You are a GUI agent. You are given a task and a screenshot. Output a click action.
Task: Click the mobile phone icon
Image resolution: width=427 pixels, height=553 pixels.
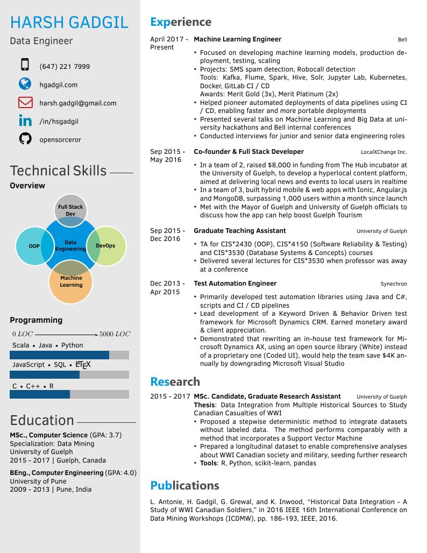point(25,65)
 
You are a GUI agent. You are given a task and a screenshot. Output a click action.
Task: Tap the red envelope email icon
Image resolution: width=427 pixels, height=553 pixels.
point(25,102)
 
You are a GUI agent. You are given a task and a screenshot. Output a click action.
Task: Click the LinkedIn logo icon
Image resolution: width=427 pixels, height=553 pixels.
point(25,121)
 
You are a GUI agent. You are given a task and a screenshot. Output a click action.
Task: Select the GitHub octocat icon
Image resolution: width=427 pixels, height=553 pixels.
point(25,139)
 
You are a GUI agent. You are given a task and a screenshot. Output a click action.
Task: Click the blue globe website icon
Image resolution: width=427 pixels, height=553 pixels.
point(25,84)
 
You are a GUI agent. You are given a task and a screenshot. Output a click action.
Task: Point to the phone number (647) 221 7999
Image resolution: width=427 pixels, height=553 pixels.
point(65,67)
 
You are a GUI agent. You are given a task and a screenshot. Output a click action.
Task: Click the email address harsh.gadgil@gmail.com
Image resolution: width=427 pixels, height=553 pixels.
point(77,103)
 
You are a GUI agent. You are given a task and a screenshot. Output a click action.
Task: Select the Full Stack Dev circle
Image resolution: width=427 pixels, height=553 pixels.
point(70,208)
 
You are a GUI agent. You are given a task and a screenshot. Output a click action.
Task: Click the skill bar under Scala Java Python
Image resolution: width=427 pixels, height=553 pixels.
point(69,355)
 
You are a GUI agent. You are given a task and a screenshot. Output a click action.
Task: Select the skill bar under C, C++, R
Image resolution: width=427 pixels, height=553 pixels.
point(69,394)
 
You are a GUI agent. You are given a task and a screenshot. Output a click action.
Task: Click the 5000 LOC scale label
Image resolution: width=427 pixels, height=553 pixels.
point(115,334)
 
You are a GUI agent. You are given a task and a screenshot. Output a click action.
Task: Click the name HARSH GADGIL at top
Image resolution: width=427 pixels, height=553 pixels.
point(69,22)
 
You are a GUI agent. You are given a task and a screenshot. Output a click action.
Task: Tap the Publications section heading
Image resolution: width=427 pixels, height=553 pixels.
point(184,485)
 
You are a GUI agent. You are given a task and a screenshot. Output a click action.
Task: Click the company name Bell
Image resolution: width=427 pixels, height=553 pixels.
point(402,40)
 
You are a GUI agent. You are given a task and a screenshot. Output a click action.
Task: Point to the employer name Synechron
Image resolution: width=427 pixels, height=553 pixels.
point(394,284)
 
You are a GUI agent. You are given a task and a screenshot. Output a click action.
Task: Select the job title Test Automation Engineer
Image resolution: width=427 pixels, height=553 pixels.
point(235,283)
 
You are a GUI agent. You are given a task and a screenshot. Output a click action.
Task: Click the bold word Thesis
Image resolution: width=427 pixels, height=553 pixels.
point(204,405)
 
